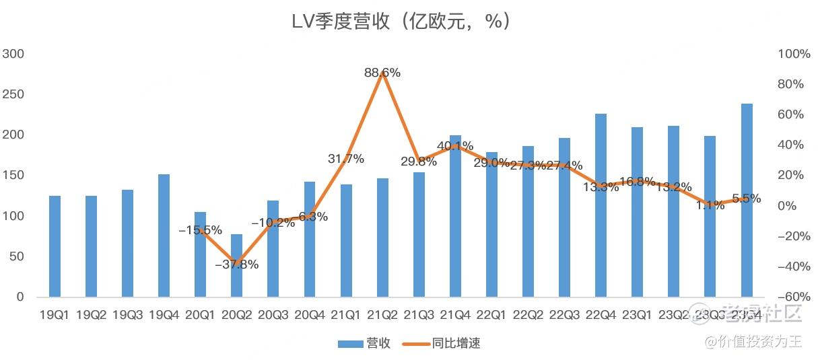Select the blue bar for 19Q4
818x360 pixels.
(164, 236)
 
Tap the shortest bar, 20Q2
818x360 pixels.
(236, 266)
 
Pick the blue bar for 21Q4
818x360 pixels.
(455, 216)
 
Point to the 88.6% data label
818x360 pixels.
(382, 73)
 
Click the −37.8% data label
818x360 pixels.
(236, 264)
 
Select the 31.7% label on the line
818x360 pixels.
(346, 159)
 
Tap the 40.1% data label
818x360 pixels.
(455, 146)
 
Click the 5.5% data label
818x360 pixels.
(746, 199)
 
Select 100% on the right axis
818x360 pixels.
(794, 54)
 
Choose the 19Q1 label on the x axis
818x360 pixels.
(55, 315)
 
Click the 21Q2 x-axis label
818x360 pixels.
(382, 315)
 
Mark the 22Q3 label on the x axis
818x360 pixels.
(564, 315)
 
